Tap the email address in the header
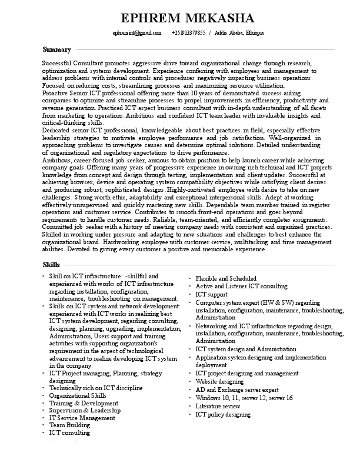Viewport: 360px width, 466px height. pyautogui.click(x=136, y=33)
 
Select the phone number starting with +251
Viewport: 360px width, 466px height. pyautogui.click(x=188, y=33)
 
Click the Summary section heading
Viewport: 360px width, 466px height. pyautogui.click(x=57, y=49)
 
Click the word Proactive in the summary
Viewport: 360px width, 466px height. pyautogui.click(x=58, y=94)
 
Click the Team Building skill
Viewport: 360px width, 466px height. pyautogui.click(x=69, y=424)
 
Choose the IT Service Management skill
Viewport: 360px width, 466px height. pyautogui.click(x=82, y=418)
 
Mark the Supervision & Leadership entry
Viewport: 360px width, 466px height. pyautogui.click(x=85, y=410)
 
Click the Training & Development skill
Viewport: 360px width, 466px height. pyautogui.click(x=79, y=403)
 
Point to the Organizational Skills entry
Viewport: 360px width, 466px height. pyautogui.click(x=78, y=396)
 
